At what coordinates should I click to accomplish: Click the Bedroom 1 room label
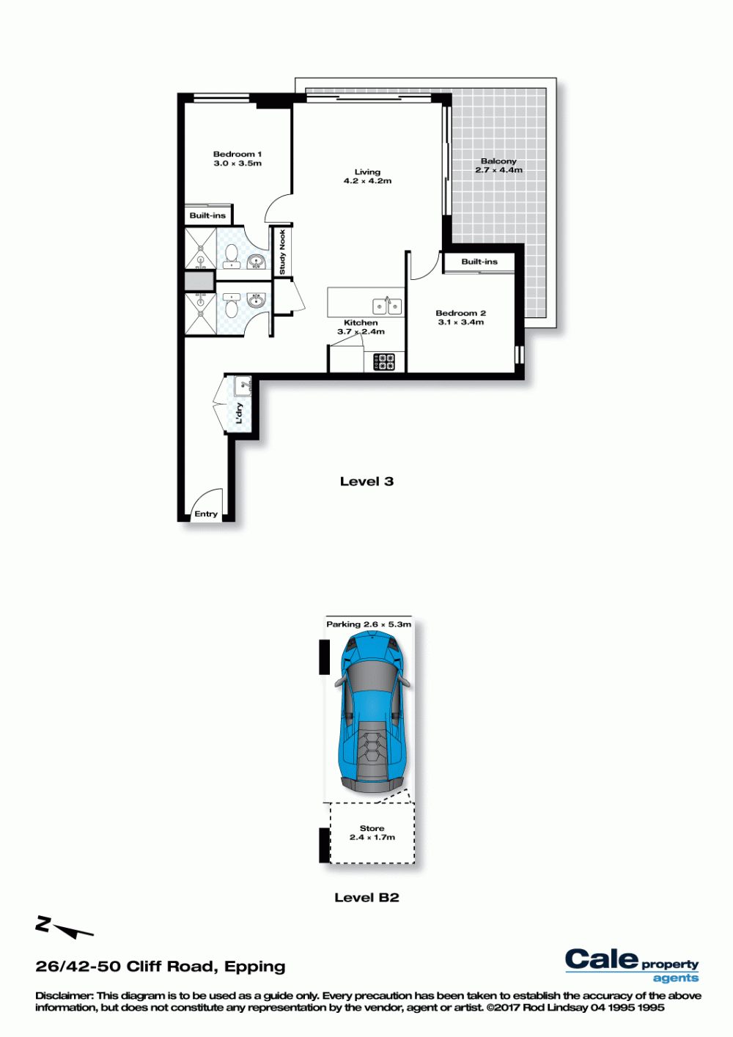tap(237, 154)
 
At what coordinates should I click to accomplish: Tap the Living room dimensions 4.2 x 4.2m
tap(368, 181)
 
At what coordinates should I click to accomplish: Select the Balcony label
tap(498, 161)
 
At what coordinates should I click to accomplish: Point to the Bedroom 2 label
tap(461, 314)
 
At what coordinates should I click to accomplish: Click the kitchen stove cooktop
tap(385, 362)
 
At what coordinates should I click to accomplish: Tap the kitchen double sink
tap(387, 306)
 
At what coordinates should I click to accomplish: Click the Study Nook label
tap(282, 252)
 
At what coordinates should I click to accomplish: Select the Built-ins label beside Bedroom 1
tap(207, 215)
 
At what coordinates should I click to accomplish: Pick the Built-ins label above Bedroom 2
tap(479, 262)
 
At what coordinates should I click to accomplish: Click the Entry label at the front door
tap(205, 514)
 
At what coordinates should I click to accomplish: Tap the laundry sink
tap(243, 386)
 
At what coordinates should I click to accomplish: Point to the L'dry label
tap(239, 413)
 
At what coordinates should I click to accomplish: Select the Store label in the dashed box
tap(372, 828)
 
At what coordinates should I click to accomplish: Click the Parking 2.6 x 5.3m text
tap(369, 624)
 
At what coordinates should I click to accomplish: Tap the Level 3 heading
tap(366, 481)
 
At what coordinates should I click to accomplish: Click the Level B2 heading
tap(366, 898)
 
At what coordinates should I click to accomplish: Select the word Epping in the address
tap(254, 967)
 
